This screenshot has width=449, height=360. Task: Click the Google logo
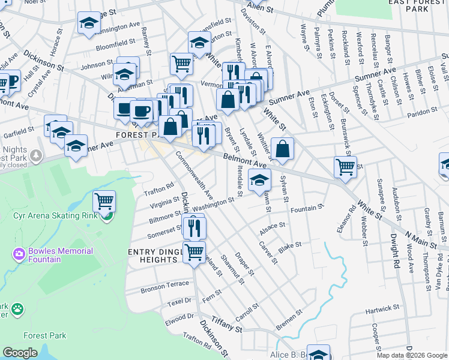(x=20, y=353)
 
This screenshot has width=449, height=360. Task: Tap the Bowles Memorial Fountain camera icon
(x=19, y=254)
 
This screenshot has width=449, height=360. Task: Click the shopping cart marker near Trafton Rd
(x=104, y=201)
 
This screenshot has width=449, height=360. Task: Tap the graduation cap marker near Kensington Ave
(x=89, y=24)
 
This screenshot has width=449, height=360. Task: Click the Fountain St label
(x=307, y=208)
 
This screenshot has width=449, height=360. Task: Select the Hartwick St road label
(x=382, y=310)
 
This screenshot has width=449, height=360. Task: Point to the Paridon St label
(x=421, y=112)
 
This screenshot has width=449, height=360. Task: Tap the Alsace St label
(x=271, y=228)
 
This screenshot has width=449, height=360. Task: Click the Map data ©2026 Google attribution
(x=412, y=355)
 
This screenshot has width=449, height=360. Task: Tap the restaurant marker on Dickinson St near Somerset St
(x=194, y=227)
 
